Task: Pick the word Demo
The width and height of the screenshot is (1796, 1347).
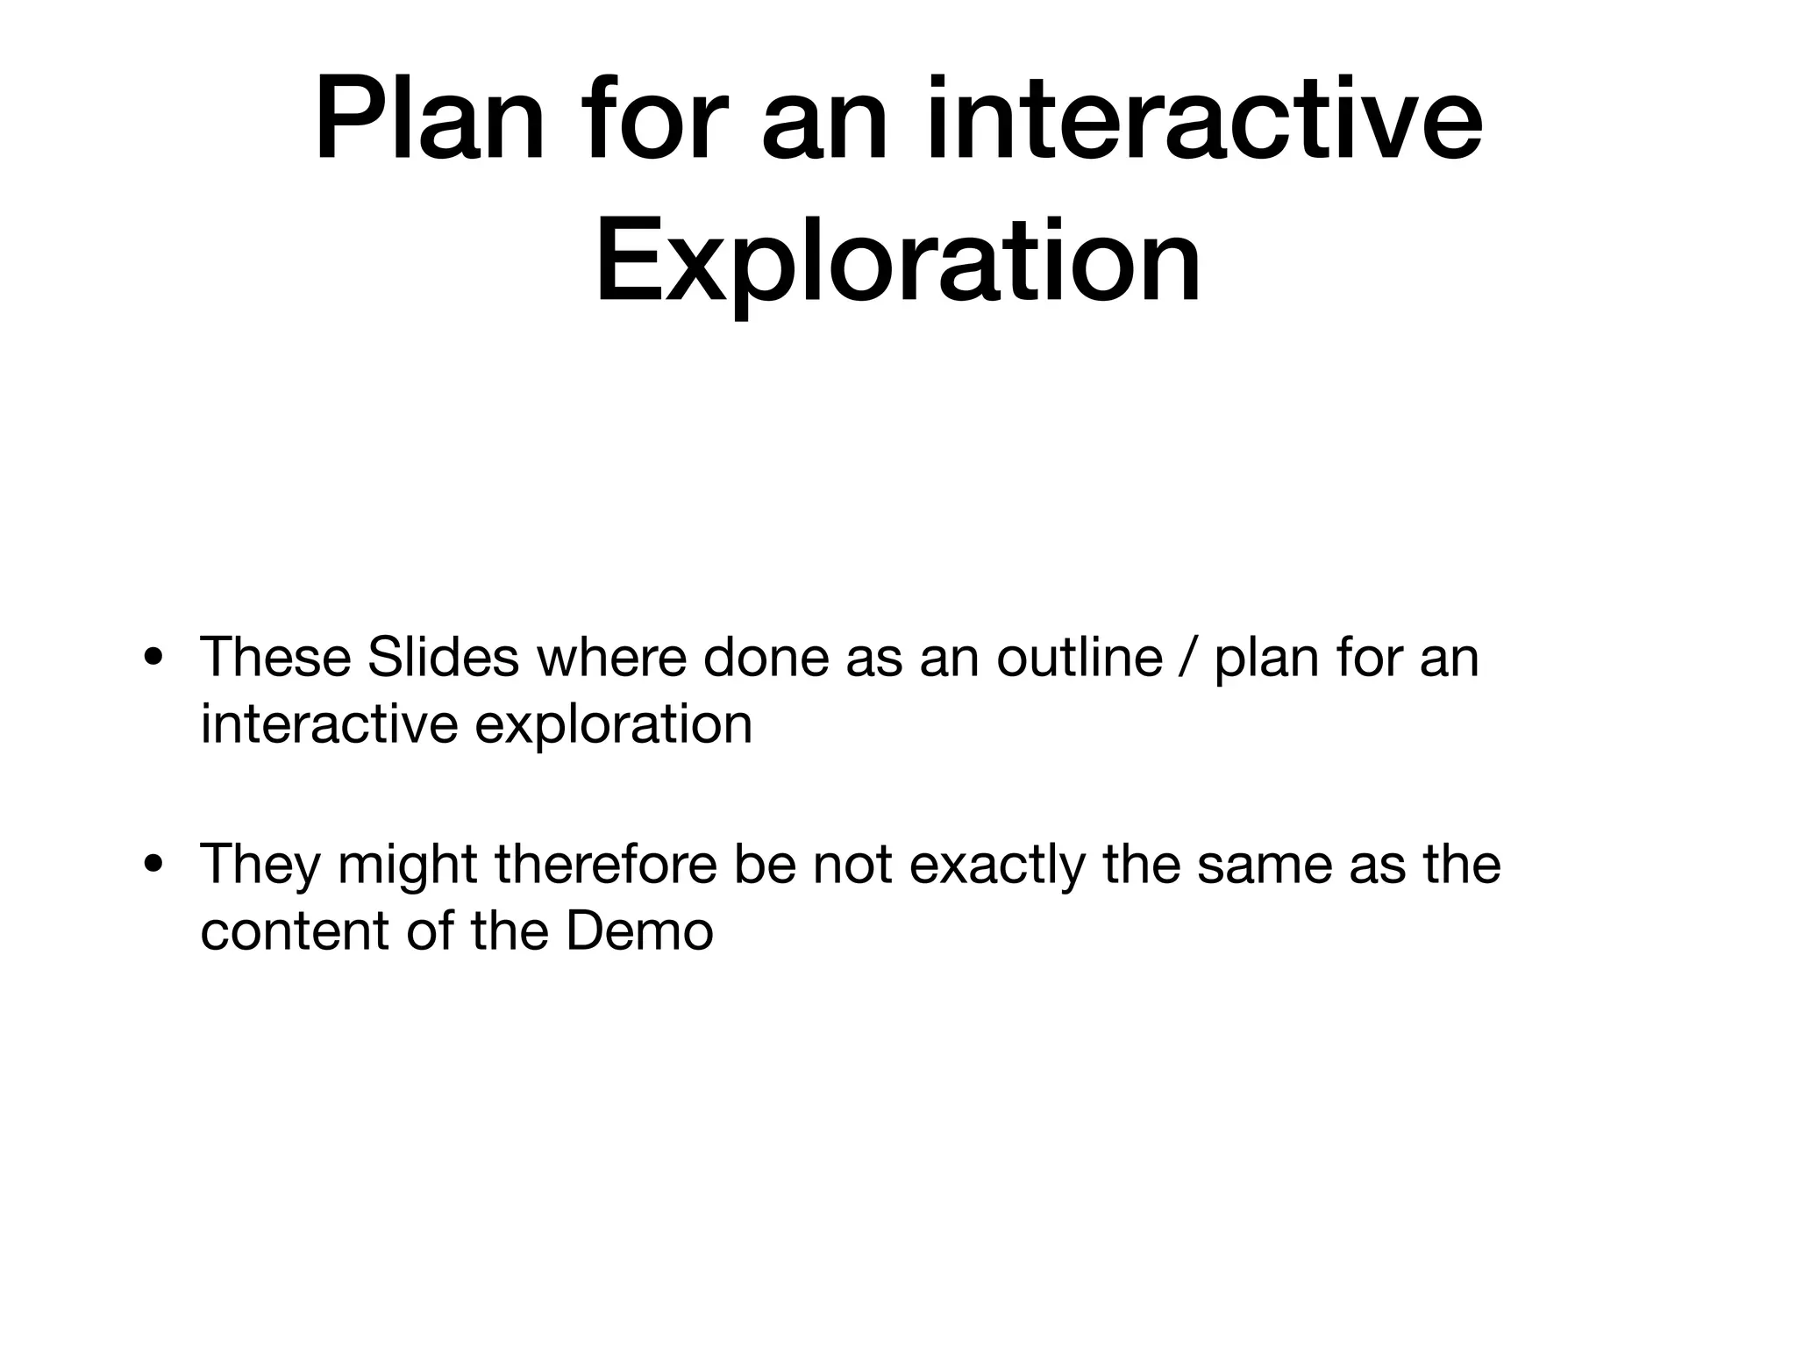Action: (x=639, y=931)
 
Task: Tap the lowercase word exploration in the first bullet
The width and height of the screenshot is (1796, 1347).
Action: (x=613, y=724)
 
